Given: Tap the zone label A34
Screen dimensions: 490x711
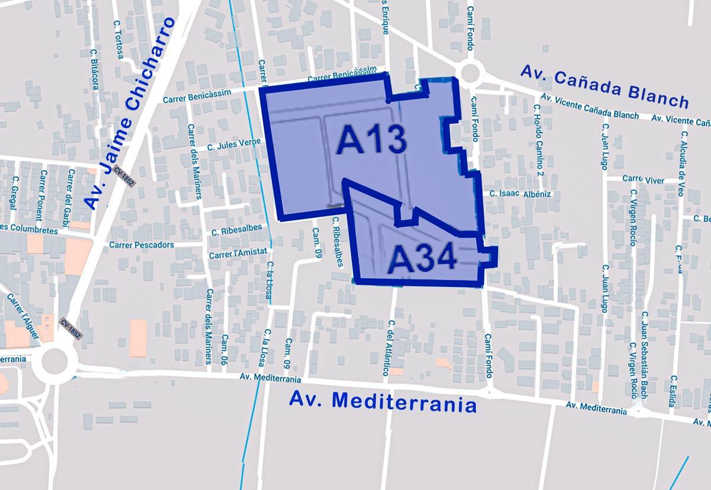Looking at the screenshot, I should point(422,260).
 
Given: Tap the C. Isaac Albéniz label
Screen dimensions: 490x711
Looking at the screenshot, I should point(521,194).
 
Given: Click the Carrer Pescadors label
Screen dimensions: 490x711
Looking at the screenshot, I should point(142,245).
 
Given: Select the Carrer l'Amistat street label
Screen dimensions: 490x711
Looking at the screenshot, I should point(235,255).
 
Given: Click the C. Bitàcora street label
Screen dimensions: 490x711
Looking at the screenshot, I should point(94,69).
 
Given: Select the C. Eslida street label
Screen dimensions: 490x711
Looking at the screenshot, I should point(672,391).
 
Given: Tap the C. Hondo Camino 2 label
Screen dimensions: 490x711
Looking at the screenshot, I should point(538,140).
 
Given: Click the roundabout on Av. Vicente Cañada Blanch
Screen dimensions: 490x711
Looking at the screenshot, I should point(470,73).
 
